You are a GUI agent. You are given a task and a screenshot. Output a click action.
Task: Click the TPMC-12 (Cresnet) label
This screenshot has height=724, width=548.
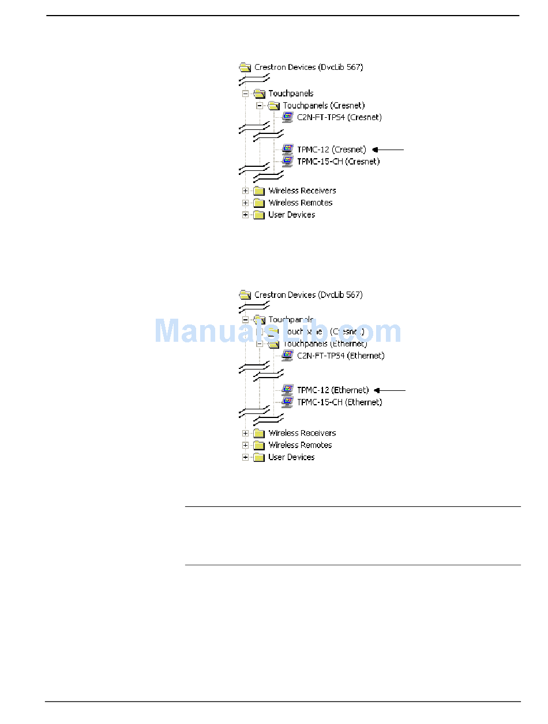point(331,150)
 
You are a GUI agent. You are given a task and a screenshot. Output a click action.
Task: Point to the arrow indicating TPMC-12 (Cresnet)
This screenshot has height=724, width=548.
point(388,150)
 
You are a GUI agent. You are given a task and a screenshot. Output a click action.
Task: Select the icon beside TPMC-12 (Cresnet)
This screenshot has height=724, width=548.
point(288,149)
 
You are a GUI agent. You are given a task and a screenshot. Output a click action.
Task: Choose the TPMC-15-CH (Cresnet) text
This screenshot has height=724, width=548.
point(338,162)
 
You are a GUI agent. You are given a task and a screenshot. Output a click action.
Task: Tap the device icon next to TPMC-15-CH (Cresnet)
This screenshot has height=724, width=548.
point(288,161)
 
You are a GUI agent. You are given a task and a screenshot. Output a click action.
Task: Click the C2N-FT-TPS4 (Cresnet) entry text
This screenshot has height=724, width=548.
point(339,117)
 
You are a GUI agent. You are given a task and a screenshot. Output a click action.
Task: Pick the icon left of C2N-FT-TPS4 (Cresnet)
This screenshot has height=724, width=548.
point(288,117)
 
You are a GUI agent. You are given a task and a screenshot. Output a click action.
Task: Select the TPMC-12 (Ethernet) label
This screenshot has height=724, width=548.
point(333,390)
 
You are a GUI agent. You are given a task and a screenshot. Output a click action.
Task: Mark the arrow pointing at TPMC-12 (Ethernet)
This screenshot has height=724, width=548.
point(389,390)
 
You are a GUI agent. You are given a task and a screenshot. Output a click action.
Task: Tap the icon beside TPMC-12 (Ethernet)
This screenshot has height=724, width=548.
point(288,390)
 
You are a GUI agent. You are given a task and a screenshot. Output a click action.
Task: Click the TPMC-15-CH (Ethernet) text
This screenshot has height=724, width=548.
point(339,402)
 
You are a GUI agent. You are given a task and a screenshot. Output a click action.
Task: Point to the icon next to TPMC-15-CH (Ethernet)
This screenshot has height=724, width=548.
point(288,402)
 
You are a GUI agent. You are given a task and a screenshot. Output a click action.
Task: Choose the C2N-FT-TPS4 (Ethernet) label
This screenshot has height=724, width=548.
point(340,356)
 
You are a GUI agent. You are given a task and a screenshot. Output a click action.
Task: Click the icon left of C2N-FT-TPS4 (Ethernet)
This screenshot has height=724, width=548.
point(288,355)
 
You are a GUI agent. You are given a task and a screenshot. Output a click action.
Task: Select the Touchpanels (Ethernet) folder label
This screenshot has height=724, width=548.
point(325,344)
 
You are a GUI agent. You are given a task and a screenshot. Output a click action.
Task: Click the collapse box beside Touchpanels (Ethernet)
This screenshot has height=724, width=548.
point(260,344)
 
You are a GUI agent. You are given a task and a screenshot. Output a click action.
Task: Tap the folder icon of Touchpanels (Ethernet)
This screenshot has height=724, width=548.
point(273,344)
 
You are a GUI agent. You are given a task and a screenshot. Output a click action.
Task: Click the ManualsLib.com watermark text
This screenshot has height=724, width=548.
point(277,331)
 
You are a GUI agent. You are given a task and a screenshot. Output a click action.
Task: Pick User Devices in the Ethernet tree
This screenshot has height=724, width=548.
point(291,457)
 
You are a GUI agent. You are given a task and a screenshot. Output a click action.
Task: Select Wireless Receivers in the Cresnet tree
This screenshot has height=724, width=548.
point(302,191)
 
